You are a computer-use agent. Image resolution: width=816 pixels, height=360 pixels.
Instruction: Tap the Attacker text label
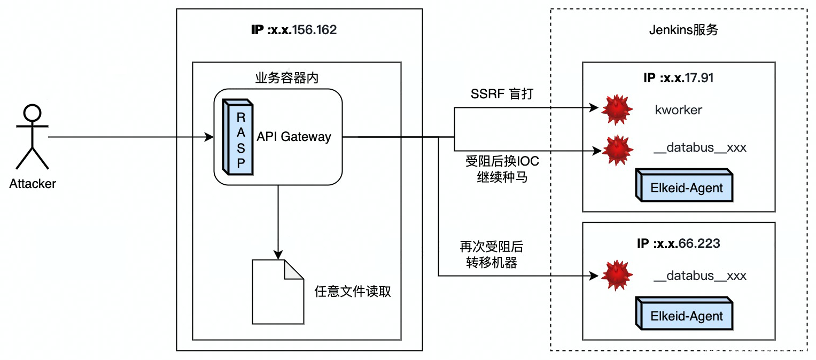pos(33,184)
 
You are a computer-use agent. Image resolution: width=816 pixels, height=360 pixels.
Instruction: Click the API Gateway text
pos(294,137)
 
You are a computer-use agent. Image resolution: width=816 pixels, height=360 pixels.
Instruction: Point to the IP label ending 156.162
pos(294,30)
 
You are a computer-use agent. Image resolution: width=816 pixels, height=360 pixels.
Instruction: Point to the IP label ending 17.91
pos(679,78)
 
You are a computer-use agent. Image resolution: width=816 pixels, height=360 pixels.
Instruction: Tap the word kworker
pos(678,110)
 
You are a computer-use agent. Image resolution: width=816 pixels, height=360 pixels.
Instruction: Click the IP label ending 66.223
pos(679,244)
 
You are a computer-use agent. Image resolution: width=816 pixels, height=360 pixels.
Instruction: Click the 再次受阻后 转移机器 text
pos(491,255)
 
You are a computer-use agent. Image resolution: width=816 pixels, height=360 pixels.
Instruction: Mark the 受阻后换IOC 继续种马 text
pos(502,169)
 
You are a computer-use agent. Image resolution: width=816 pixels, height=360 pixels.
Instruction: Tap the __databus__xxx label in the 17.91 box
pos(700,148)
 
